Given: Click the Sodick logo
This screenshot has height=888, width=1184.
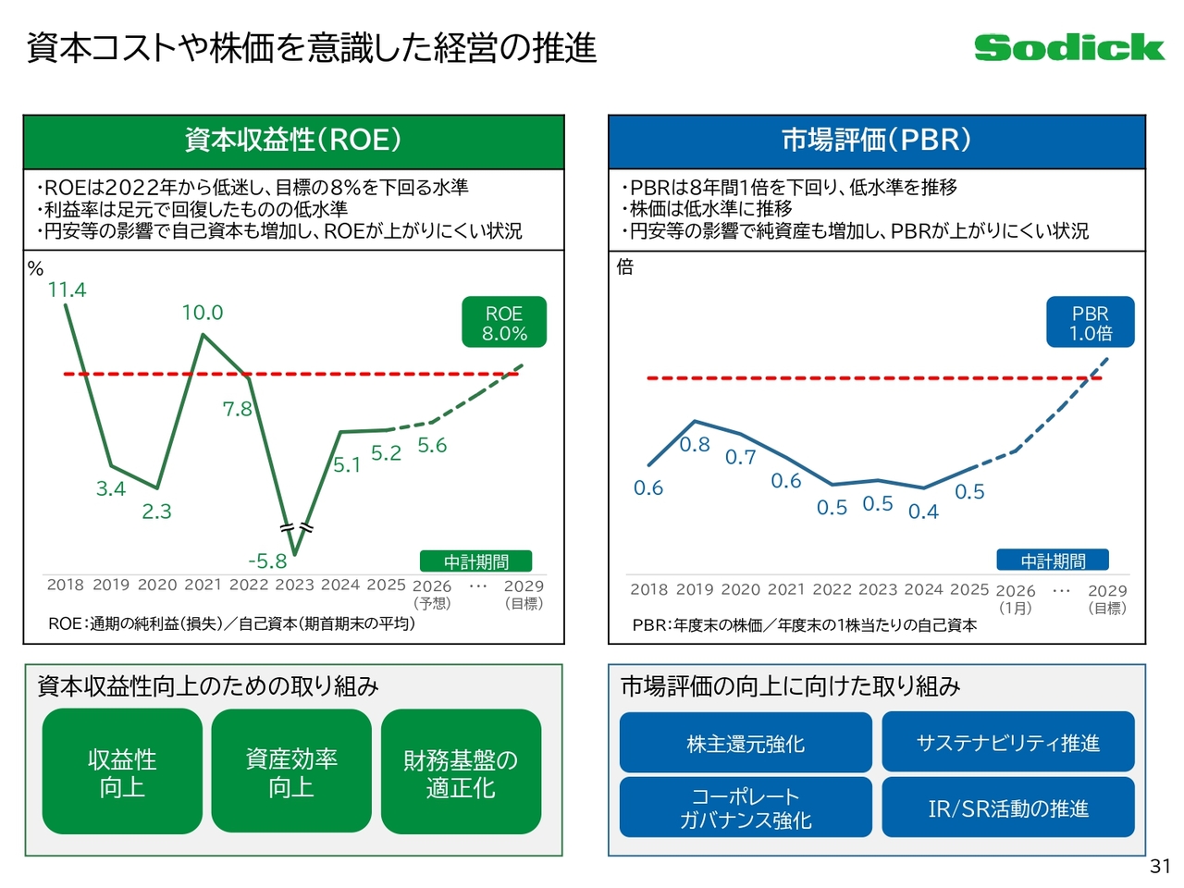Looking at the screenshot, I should click(x=1068, y=47).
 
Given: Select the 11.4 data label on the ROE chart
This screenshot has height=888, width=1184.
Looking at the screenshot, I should click(x=67, y=290).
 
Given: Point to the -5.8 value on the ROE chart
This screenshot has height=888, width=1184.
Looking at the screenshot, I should click(x=267, y=561).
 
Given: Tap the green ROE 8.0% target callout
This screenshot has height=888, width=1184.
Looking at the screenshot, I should click(x=504, y=323).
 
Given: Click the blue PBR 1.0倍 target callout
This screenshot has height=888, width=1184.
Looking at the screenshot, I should click(x=1090, y=323).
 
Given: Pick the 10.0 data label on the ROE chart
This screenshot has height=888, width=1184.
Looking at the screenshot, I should click(x=202, y=313).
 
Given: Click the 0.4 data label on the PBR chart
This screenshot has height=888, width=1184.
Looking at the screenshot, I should click(x=923, y=512).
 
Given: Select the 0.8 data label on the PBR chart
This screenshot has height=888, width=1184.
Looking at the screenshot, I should click(x=695, y=445).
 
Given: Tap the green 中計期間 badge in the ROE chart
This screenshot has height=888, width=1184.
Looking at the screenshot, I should click(x=475, y=561).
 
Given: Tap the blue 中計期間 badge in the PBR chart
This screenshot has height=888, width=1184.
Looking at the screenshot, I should click(x=1053, y=561).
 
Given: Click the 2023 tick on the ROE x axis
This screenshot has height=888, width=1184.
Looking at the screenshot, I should click(x=295, y=585).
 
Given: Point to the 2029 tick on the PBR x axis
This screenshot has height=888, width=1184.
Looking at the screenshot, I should click(x=1107, y=590).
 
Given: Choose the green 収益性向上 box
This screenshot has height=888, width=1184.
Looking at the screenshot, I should click(x=122, y=771).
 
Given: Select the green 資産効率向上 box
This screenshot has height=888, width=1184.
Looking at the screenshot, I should click(x=291, y=771).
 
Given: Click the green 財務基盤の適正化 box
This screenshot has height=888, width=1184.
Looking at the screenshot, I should click(x=461, y=772).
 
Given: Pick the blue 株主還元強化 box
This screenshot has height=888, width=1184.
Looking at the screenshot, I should click(x=746, y=743).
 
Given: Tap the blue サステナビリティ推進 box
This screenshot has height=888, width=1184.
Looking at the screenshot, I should click(x=1007, y=742).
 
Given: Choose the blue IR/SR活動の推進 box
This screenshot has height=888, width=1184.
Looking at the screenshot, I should click(x=1007, y=808).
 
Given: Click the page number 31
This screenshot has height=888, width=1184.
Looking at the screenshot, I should click(x=1160, y=867).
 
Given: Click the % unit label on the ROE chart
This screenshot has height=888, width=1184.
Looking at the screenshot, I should click(x=36, y=269).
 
